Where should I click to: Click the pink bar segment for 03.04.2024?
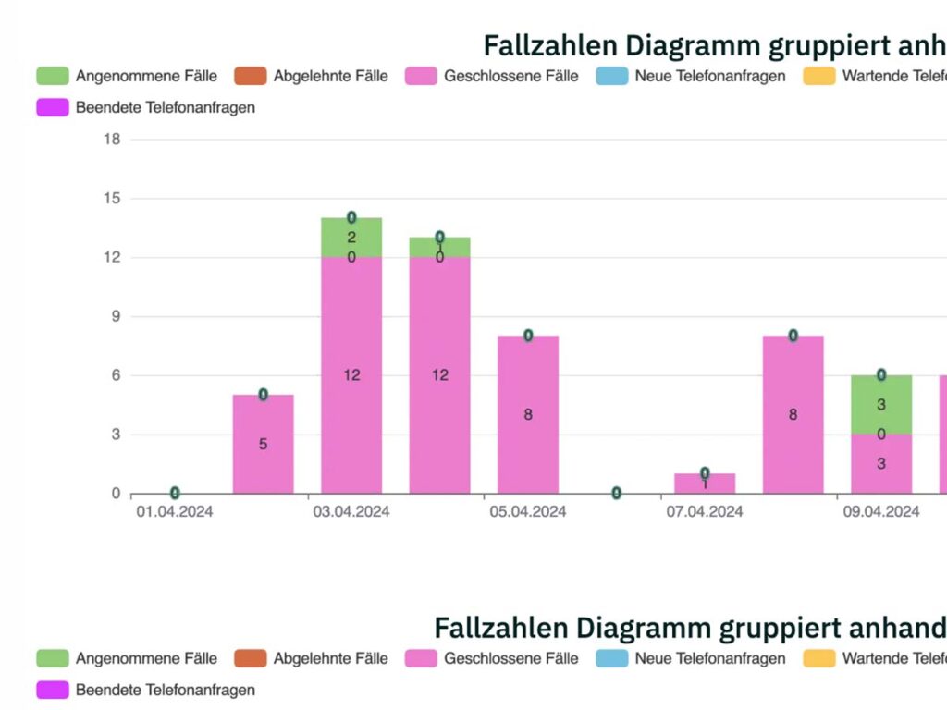[x=351, y=407]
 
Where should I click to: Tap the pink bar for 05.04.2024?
[x=528, y=444]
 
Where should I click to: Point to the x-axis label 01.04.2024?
[x=174, y=512]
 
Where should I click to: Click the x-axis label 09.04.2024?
[x=881, y=512]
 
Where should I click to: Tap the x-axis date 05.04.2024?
[x=528, y=512]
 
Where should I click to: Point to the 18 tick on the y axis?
[x=112, y=140]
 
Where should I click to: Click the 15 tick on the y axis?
[x=112, y=199]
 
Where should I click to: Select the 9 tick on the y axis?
[x=116, y=316]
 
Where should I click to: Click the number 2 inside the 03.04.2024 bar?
[x=351, y=238]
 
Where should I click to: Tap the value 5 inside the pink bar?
[x=263, y=444]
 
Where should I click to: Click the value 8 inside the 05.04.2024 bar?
[x=528, y=414]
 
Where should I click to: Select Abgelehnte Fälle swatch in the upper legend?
[x=250, y=76]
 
